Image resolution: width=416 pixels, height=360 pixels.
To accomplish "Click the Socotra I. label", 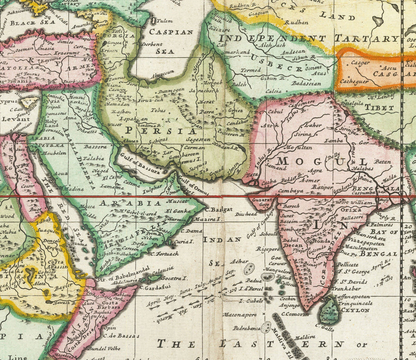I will point(174,279).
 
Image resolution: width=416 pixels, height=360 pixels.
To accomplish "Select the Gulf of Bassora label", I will point(138,164).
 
